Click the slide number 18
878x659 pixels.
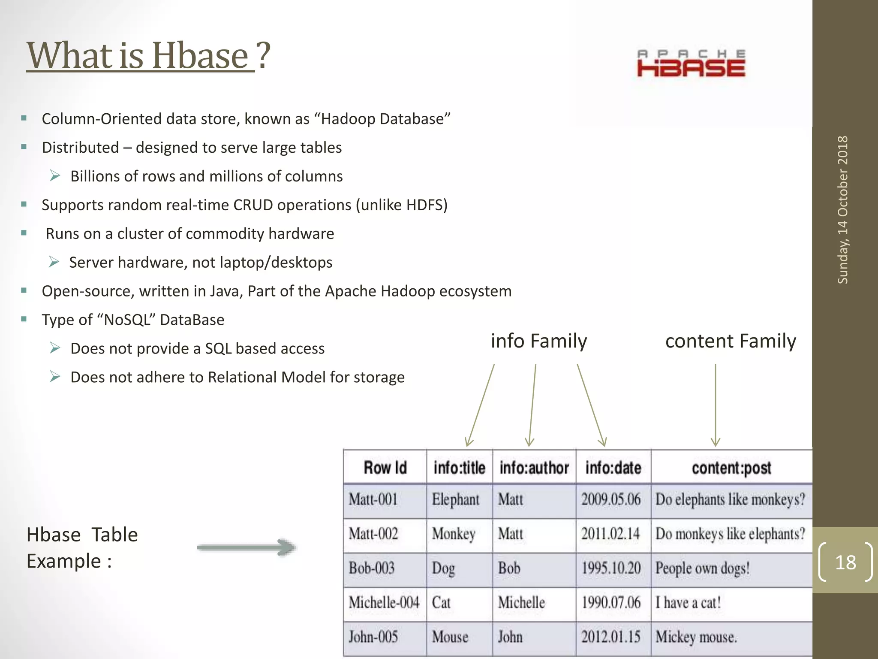pyautogui.click(x=845, y=562)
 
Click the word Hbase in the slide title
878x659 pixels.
pyautogui.click(x=200, y=56)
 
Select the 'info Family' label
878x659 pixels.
pyautogui.click(x=538, y=341)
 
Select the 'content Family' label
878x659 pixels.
pyautogui.click(x=731, y=341)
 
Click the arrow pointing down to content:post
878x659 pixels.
pyautogui.click(x=715, y=405)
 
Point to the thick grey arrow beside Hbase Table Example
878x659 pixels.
pyautogui.click(x=247, y=547)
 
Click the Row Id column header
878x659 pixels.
pyautogui.click(x=385, y=468)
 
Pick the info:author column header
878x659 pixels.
pyautogui.click(x=534, y=468)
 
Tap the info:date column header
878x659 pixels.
pyautogui.click(x=613, y=468)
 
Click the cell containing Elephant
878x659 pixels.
pyautogui.click(x=455, y=500)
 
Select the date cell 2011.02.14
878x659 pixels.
pyautogui.click(x=610, y=534)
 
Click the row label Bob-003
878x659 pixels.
pyautogui.click(x=372, y=568)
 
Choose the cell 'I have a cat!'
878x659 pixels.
pyautogui.click(x=688, y=603)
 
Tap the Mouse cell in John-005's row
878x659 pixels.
pyautogui.click(x=450, y=637)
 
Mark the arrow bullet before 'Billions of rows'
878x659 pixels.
pyautogui.click(x=55, y=176)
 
